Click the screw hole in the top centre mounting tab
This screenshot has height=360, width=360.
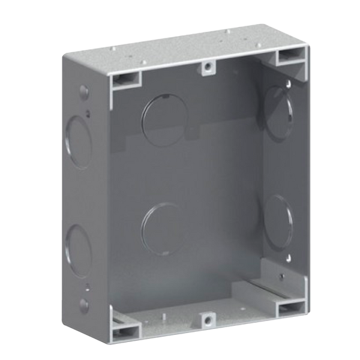(206, 67)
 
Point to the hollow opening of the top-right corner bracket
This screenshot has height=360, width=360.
(290, 57)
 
